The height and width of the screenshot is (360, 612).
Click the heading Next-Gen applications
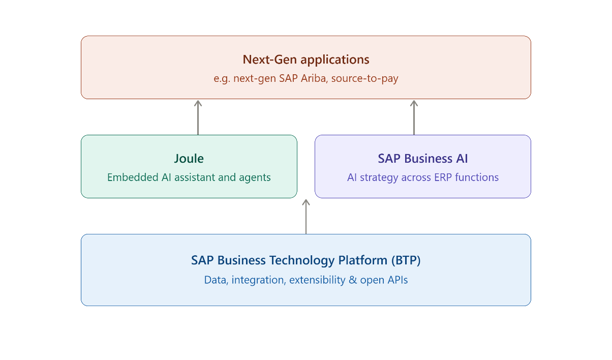click(305, 59)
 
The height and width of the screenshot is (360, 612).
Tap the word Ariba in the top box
click(314, 78)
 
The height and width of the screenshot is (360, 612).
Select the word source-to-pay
click(365, 78)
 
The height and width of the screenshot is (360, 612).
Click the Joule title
click(189, 159)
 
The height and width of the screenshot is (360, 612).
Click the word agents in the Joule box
click(255, 177)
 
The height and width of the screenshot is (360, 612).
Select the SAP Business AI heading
click(423, 159)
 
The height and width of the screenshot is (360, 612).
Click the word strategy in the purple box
click(379, 177)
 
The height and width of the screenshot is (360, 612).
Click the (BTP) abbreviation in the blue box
click(406, 260)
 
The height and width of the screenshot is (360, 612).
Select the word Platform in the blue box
click(363, 260)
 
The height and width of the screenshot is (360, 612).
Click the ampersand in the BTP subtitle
click(353, 280)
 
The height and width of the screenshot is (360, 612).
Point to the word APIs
click(397, 280)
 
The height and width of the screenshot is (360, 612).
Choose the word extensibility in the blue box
click(317, 280)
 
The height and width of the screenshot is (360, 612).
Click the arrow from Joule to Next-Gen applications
click(198, 117)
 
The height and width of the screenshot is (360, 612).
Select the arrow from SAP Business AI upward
click(414, 117)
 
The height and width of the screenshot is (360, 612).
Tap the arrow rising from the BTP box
click(306, 217)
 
